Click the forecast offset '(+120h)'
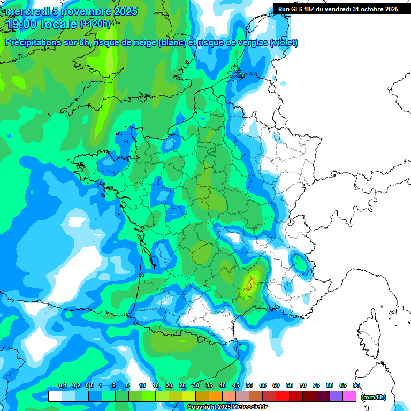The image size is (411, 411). click(x=95, y=24)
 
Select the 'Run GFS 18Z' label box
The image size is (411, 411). click(x=338, y=9)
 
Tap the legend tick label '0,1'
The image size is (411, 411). click(x=62, y=386)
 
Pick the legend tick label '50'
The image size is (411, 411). click(x=249, y=386)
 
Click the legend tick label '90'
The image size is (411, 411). click(x=356, y=386)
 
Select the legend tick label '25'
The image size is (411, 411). click(x=182, y=386)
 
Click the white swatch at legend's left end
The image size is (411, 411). click(x=55, y=397)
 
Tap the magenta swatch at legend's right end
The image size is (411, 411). click(x=349, y=397)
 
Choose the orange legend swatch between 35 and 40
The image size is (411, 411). click(x=216, y=397)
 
